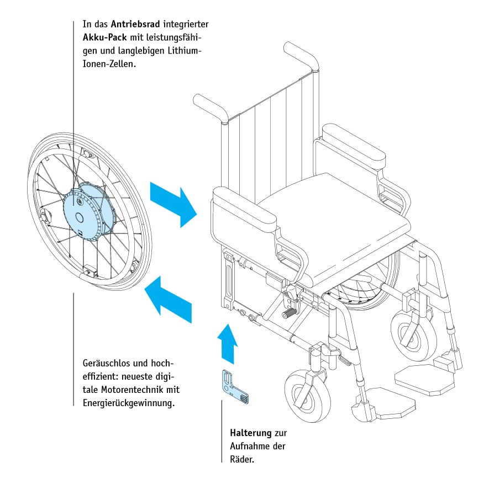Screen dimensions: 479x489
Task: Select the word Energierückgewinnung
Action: pos(128,403)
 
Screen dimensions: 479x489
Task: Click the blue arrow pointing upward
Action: pos(227,342)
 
